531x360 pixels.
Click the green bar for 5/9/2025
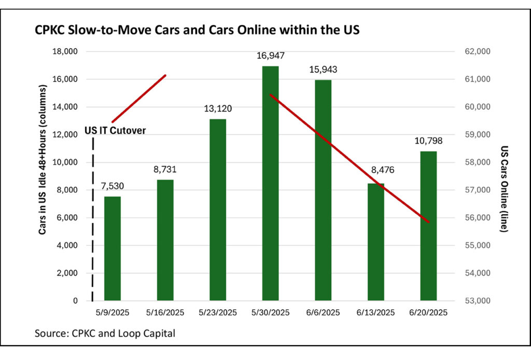coord(113,248)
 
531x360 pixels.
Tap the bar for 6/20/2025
coord(428,226)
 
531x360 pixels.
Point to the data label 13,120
coord(218,109)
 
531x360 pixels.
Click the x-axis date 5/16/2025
coord(165,313)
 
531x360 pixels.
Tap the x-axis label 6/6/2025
coord(323,313)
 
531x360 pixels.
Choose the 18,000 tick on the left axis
coord(64,51)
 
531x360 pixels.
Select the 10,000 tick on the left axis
coord(64,162)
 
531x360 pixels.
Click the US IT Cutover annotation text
coord(115,131)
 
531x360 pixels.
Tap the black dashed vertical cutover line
coord(93,218)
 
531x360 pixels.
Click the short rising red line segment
coord(138,99)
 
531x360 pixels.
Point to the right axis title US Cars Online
coord(504,188)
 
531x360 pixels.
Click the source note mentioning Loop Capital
coord(105,333)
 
